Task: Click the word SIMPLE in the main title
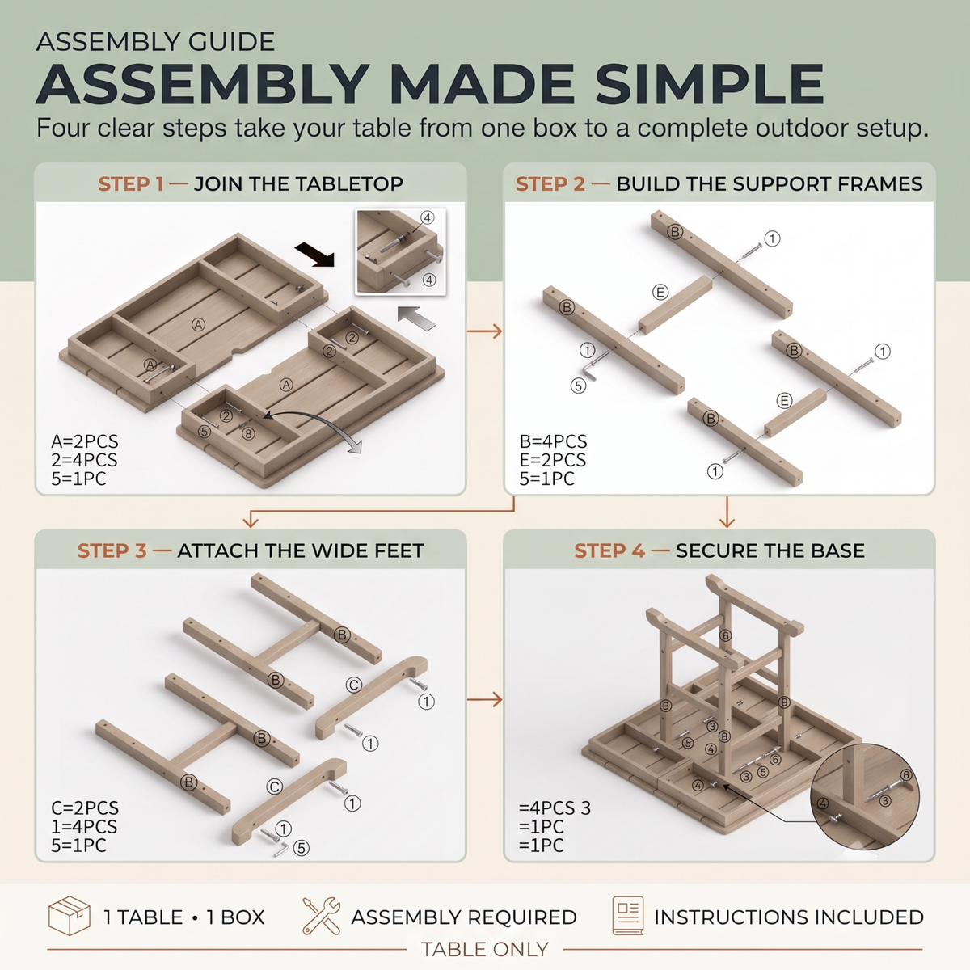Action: click(x=709, y=84)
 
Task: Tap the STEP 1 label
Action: click(x=131, y=184)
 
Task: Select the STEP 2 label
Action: click(x=550, y=184)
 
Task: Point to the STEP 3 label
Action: click(x=112, y=550)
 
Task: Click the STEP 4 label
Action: click(x=609, y=550)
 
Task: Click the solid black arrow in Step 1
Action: click(x=314, y=254)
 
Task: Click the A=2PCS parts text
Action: click(x=85, y=441)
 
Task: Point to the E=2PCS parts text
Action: click(x=553, y=460)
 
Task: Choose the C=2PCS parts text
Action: click(x=85, y=808)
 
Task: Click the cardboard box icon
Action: click(x=70, y=916)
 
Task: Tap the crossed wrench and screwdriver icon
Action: click(x=321, y=916)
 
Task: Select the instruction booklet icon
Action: click(x=628, y=916)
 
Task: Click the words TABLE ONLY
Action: click(x=485, y=949)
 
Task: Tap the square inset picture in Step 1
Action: click(x=401, y=251)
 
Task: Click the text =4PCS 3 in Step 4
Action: click(x=555, y=808)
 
